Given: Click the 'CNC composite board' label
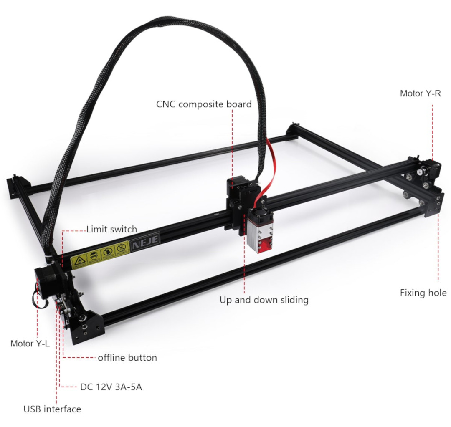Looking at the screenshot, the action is (x=204, y=104).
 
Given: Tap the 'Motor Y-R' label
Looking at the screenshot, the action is (x=420, y=93).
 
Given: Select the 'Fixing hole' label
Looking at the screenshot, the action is (x=423, y=293).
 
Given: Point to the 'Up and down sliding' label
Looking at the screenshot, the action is (x=264, y=300).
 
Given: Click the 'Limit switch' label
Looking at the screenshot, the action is (x=111, y=229).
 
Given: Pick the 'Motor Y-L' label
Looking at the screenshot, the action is (x=30, y=344).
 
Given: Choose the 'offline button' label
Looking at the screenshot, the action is (x=127, y=358).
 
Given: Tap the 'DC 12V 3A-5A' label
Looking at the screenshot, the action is (x=111, y=387).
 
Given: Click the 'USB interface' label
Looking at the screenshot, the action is (x=52, y=409).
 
